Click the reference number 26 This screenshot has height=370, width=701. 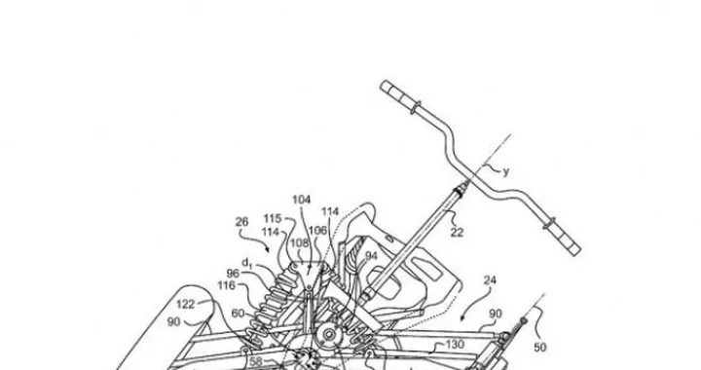click(241, 221)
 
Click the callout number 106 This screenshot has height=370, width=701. click(317, 231)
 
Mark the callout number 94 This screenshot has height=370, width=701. click(371, 255)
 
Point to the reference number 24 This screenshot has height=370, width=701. click(490, 279)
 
